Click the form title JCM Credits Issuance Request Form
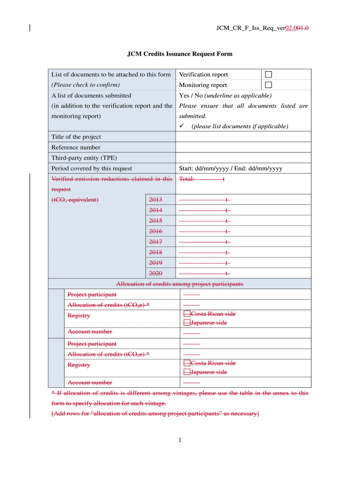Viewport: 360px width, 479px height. pos(180,54)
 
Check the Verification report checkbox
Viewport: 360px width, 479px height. pos(268,74)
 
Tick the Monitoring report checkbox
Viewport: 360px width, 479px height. pos(268,85)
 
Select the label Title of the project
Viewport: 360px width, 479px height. pos(76,137)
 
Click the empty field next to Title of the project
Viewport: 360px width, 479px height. pos(243,137)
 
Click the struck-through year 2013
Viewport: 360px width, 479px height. pos(155,200)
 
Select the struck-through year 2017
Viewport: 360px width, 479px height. pos(155,242)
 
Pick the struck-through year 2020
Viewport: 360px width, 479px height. pos(155,273)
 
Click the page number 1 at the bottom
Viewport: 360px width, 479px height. pos(180,440)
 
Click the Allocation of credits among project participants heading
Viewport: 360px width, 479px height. pos(180,284)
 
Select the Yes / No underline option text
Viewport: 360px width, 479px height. pos(225,95)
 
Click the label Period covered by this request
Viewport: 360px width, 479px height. pos(92,168)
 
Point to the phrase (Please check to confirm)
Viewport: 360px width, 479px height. pos(86,85)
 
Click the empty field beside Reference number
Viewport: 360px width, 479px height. pos(243,147)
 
